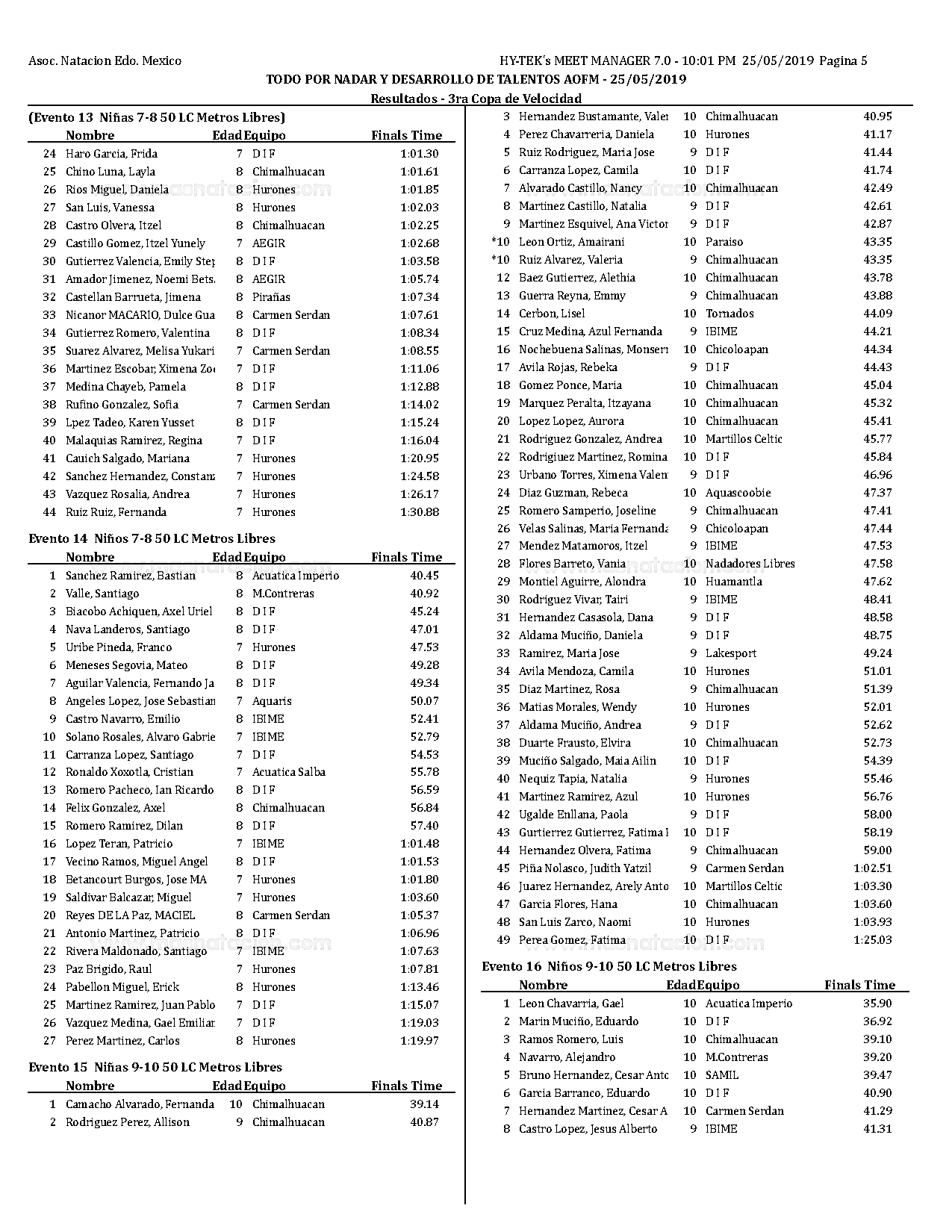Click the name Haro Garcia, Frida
point(111,154)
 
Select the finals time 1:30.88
point(420,512)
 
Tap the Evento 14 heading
point(152,538)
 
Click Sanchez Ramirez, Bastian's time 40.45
point(424,576)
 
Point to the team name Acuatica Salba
point(288,772)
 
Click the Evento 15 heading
point(155,1067)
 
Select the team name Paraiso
point(724,242)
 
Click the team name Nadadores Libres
point(750,564)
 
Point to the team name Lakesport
point(730,653)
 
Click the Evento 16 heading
point(609,966)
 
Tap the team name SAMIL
point(721,1075)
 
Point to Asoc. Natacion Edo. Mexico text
point(105,61)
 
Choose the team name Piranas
point(271,297)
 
